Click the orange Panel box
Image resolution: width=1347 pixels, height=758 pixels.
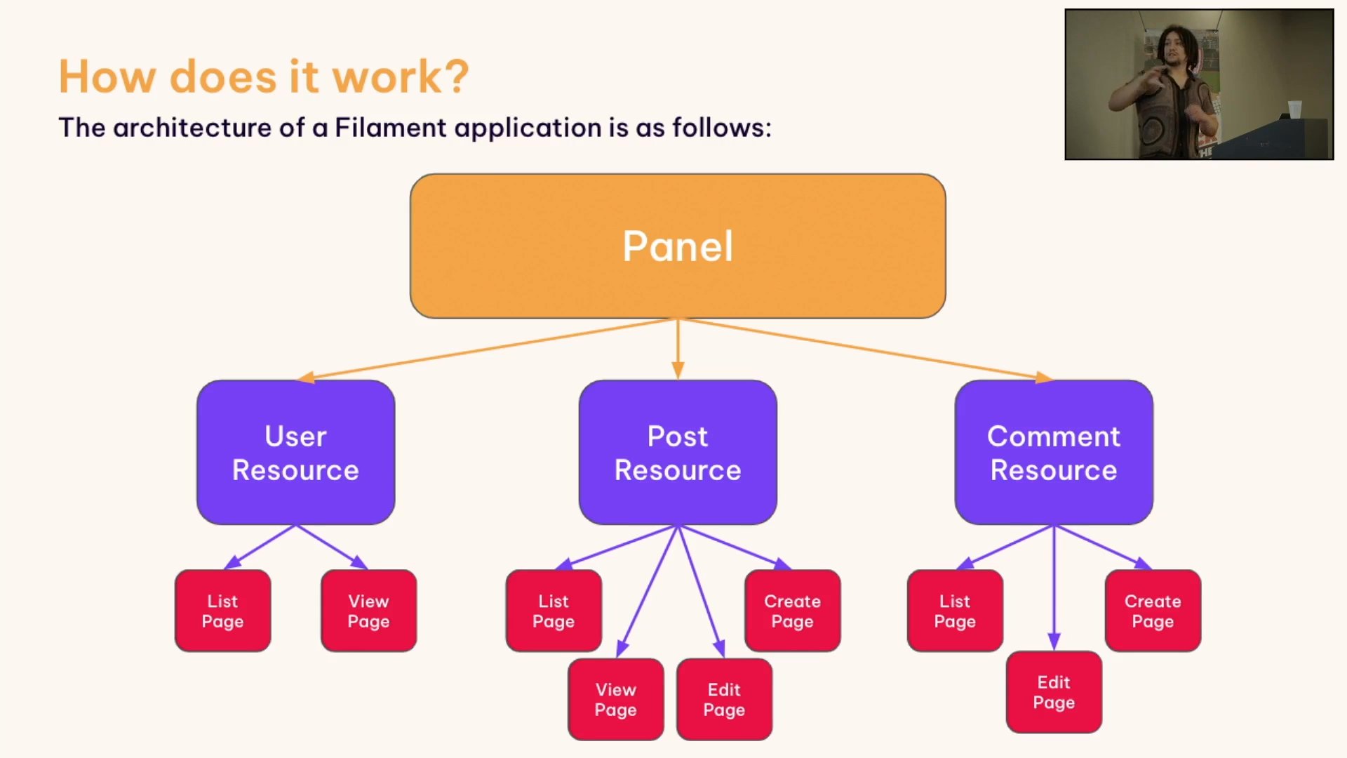coord(678,246)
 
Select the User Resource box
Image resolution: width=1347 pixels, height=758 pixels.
coord(295,453)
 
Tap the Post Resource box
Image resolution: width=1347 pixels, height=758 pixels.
coord(678,453)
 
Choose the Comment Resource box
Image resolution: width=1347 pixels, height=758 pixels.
coord(1053,453)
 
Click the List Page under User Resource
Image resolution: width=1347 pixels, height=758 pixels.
coord(222,611)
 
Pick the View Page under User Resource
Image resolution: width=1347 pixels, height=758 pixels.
coord(368,611)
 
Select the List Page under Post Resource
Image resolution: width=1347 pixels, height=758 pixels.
coord(554,611)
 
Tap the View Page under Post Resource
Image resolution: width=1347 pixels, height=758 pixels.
coord(615,699)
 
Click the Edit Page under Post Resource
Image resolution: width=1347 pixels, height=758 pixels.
coord(724,699)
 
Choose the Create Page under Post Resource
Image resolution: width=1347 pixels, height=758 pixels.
coord(792,611)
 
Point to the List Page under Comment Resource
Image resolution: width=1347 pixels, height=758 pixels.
coord(954,611)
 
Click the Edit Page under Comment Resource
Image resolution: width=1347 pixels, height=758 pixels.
coord(1053,692)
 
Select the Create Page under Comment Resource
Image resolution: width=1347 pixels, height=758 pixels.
coord(1152,611)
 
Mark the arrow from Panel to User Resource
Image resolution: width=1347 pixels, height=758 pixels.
coord(484,349)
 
